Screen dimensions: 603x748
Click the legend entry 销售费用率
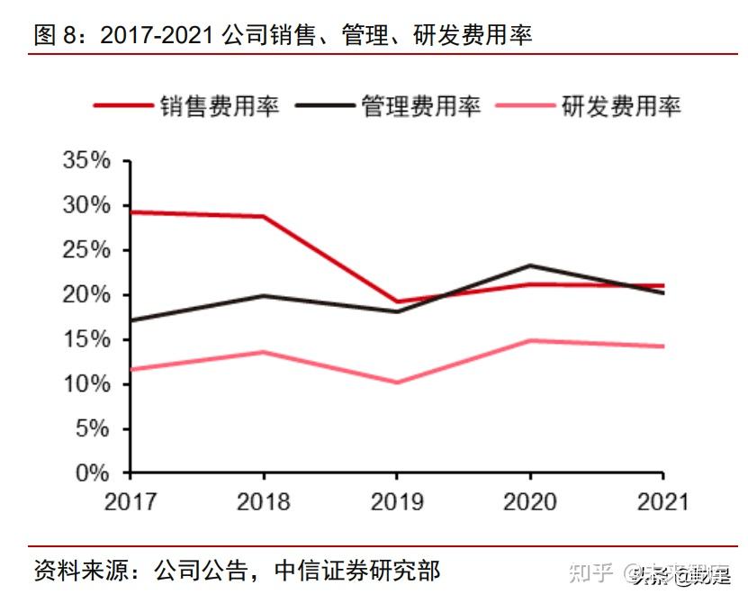coord(220,105)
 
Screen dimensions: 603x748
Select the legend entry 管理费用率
coord(420,105)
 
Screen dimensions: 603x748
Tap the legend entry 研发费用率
coord(621,105)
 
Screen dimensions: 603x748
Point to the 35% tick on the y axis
coord(86,161)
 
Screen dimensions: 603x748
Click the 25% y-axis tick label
coord(86,250)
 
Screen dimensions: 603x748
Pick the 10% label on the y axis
coord(86,384)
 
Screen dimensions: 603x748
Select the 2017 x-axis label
coord(131,501)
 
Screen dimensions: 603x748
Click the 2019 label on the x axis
coord(397,501)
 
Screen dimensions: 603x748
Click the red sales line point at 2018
coord(264,216)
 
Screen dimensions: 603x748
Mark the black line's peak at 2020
coord(530,265)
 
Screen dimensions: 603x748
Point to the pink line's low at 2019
coord(397,382)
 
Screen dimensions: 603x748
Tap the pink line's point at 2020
coord(530,340)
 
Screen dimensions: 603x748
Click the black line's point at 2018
coord(264,295)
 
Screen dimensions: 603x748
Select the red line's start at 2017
coord(132,212)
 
